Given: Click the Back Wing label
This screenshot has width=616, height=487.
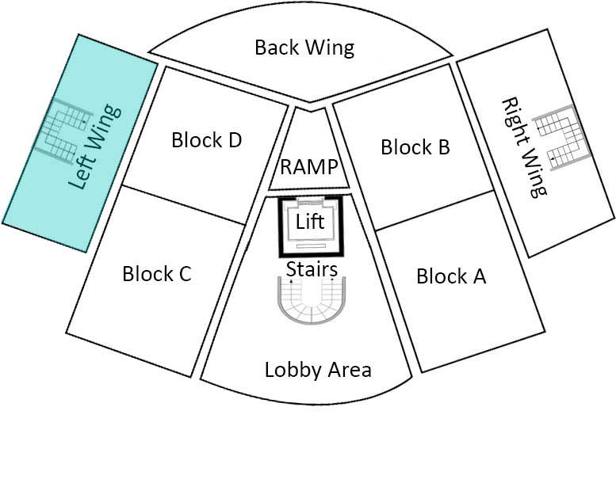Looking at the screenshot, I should [x=304, y=48].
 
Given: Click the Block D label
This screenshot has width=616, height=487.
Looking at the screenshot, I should [x=206, y=141].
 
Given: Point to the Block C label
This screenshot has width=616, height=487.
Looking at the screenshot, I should [x=157, y=274].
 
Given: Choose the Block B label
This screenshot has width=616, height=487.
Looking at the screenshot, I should [x=415, y=146].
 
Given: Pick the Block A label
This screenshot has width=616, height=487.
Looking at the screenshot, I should [x=450, y=276].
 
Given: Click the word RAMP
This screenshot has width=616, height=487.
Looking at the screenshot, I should [x=309, y=168].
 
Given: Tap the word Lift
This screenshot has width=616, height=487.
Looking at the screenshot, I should [x=310, y=222].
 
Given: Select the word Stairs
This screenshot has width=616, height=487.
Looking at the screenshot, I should [x=312, y=269].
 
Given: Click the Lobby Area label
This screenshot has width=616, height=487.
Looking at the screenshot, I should [x=318, y=370].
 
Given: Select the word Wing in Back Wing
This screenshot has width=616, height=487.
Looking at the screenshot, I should [x=333, y=48].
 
